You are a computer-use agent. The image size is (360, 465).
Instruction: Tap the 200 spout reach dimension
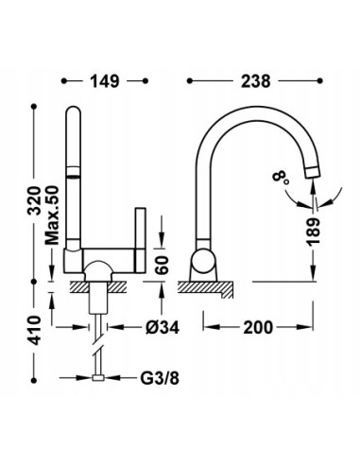[259, 328]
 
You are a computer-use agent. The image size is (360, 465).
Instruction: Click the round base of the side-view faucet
[201, 264]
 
